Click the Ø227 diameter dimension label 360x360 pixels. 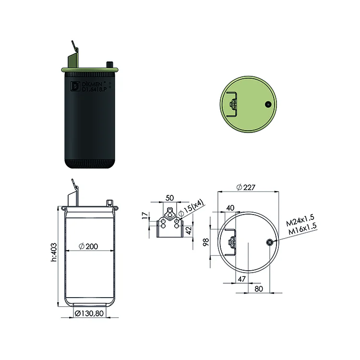tap(246, 187)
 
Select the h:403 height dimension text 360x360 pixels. tap(54, 252)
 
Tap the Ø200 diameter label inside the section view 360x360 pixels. tap(88, 246)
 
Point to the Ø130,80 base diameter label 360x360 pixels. tap(89, 313)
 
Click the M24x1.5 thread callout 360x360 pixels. tap(300, 220)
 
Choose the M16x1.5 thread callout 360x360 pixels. tap(302, 228)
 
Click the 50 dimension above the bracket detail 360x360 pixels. tap(169, 198)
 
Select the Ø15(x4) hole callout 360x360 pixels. tap(191, 208)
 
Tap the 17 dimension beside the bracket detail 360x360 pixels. tap(145, 216)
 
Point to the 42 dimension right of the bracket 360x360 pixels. tap(189, 230)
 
